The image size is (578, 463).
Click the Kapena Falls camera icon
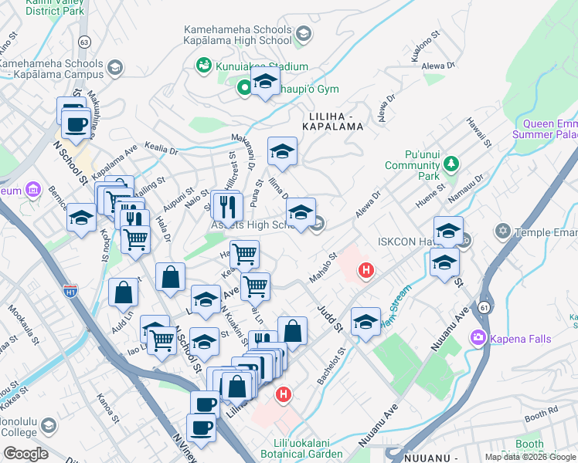coord(478,337)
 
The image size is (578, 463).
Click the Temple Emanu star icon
coord(504,231)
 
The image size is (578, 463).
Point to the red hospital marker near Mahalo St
coord(365,271)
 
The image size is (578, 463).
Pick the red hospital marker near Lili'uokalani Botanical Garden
coord(284,394)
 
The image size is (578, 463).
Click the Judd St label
coord(329,316)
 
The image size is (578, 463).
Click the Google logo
coord(25,454)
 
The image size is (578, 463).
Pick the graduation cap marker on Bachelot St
coord(365,322)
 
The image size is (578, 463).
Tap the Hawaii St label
coord(479,132)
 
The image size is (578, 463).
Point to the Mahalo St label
coord(324,267)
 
